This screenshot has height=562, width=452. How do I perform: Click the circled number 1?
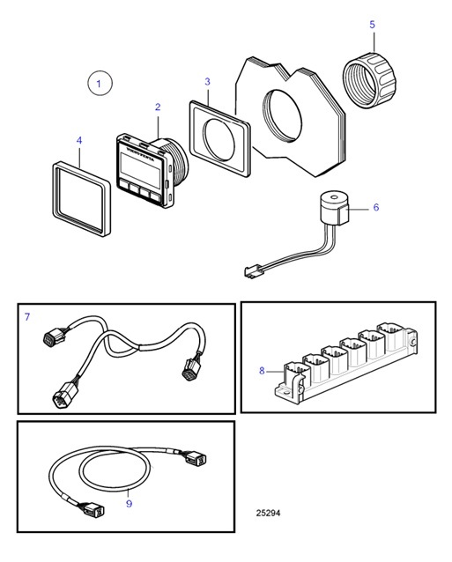click(100, 84)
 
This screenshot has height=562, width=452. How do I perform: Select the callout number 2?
click(158, 107)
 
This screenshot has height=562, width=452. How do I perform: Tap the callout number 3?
click(207, 81)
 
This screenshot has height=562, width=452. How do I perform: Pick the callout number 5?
click(372, 24)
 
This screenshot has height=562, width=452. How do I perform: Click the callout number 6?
click(375, 208)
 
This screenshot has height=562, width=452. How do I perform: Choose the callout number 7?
click(27, 315)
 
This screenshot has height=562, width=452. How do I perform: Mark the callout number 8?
click(262, 371)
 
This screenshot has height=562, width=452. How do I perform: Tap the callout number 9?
click(128, 503)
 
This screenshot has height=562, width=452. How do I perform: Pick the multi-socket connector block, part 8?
click(352, 363)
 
